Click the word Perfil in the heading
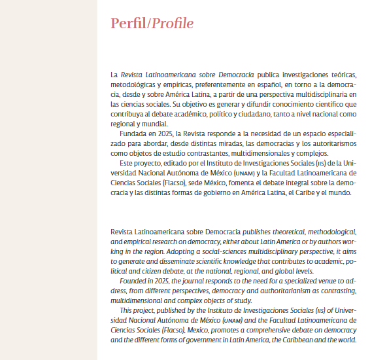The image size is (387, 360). coord(128,24)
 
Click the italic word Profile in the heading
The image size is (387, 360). coord(173,24)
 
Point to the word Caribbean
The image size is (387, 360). coord(297,339)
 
